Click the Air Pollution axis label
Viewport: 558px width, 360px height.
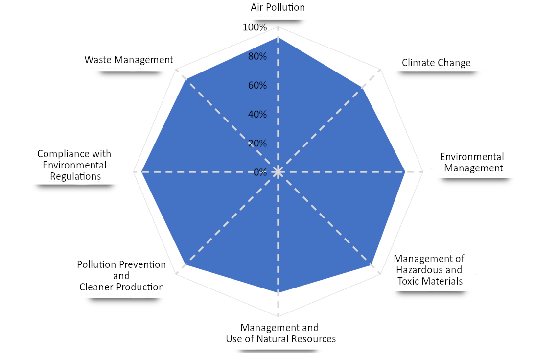click(278, 7)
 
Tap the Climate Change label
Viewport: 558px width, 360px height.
click(436, 63)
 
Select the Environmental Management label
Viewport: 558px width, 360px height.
click(472, 163)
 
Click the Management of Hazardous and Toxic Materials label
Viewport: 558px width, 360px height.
click(430, 270)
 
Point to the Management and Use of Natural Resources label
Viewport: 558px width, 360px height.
click(281, 333)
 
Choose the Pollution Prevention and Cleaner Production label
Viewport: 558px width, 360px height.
click(121, 276)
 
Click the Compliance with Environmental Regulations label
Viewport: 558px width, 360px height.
click(74, 165)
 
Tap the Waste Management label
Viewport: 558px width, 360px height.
click(128, 60)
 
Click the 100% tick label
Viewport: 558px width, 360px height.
click(255, 27)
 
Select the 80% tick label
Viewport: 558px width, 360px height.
click(257, 56)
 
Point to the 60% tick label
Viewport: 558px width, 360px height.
click(257, 85)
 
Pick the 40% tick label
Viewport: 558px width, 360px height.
click(257, 114)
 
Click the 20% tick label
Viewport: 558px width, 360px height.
click(257, 144)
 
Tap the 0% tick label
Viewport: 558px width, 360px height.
click(260, 172)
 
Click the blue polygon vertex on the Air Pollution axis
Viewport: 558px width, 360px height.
click(278, 37)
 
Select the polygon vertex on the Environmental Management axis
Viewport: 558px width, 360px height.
click(405, 172)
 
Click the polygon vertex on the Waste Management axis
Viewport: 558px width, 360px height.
click(185, 79)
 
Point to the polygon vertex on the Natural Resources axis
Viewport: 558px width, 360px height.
click(278, 293)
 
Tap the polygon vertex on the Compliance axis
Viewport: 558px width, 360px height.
click(141, 172)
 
